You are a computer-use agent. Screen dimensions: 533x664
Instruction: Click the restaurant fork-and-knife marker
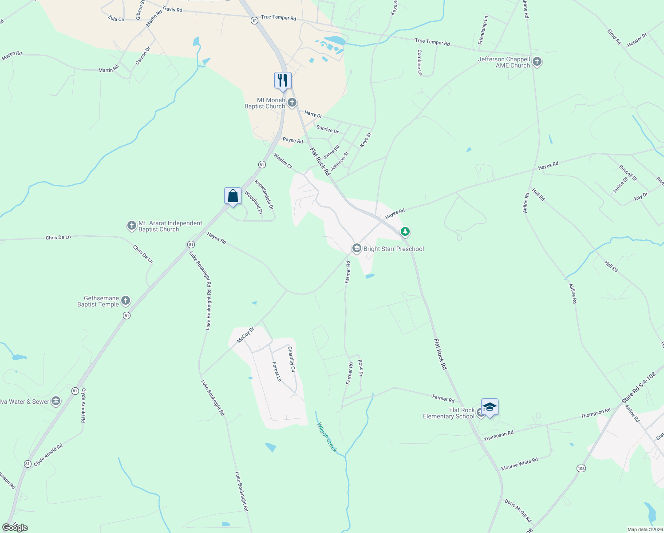283,80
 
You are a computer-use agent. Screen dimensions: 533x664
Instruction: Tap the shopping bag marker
233,196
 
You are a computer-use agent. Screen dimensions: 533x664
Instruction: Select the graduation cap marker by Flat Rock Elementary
489,407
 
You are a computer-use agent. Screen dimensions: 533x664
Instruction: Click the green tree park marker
405,231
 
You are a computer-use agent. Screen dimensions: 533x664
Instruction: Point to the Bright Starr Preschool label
393,249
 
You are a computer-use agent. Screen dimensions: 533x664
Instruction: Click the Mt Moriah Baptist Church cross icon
292,103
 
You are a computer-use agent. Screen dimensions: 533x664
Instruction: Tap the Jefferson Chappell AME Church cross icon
537,62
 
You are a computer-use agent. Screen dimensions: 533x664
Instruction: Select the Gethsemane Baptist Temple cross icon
126,301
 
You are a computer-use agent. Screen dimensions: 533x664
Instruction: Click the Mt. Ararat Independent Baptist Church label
170,227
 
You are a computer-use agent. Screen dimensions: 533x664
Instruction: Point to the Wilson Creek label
327,438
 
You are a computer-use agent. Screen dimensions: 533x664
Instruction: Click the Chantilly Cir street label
291,359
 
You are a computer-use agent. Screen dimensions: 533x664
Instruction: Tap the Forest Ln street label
277,371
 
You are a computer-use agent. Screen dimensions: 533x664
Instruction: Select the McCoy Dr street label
245,335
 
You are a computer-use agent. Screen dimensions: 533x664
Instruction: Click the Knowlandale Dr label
264,195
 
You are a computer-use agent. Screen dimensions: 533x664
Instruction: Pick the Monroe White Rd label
519,464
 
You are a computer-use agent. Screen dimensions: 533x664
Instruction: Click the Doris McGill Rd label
518,511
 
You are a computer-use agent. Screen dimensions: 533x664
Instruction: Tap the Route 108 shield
581,469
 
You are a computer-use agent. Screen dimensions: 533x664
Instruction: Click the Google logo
15,527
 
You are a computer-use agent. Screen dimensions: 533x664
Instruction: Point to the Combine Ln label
419,62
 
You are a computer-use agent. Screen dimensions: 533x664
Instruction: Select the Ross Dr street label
360,368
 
